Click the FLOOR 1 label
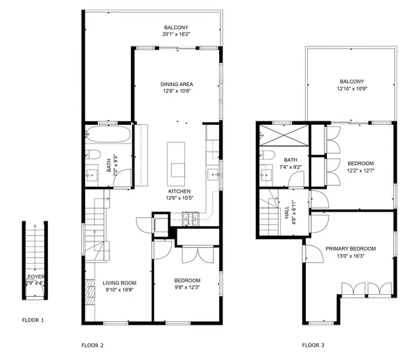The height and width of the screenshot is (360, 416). click(x=33, y=320)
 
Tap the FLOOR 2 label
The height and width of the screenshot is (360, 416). click(x=92, y=345)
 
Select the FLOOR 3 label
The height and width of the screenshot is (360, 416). click(x=313, y=345)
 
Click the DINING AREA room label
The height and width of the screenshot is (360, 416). click(x=176, y=84)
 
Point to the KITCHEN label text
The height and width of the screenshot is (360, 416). click(x=179, y=191)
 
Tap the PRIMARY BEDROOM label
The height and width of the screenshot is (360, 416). click(x=351, y=248)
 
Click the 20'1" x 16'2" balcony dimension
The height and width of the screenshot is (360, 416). click(x=176, y=34)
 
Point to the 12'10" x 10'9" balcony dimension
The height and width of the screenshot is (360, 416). click(x=352, y=88)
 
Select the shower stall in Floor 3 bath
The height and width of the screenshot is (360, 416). click(x=283, y=132)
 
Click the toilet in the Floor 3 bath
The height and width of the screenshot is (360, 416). click(x=268, y=155)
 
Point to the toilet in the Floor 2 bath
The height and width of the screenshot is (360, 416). click(x=93, y=155)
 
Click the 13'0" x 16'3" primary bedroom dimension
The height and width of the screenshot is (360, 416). click(x=351, y=255)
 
